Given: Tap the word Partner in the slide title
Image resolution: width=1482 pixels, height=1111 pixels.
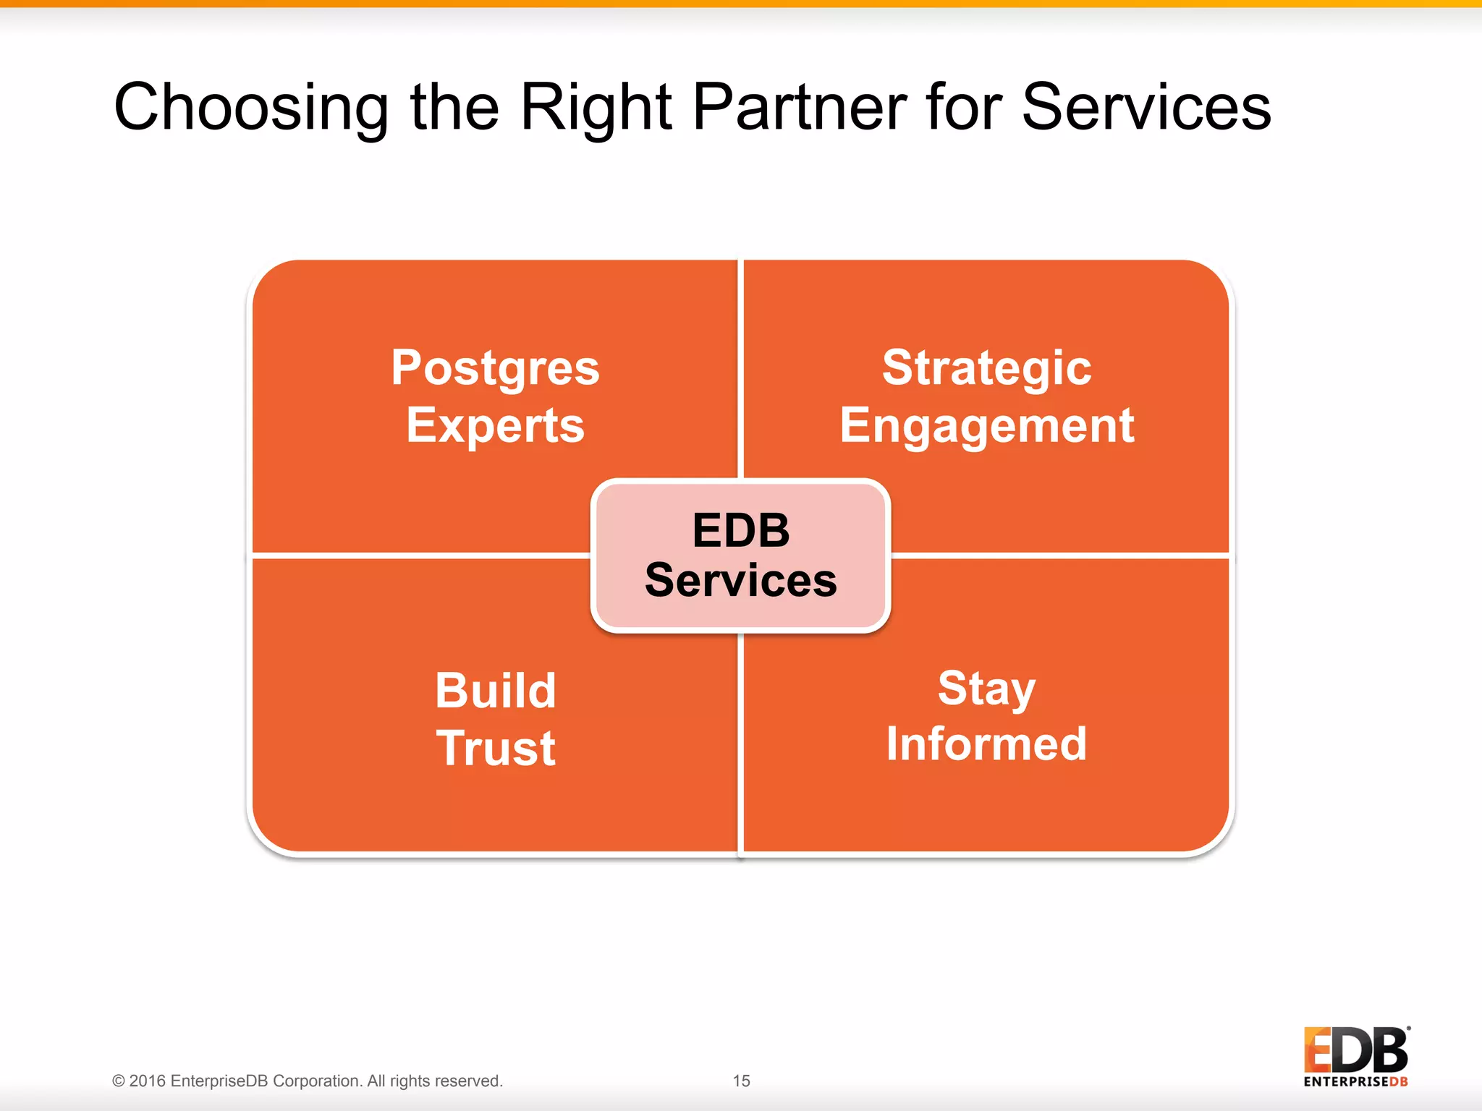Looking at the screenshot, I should pos(799,107).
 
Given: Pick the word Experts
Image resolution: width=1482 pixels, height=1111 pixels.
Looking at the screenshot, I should pos(495,426).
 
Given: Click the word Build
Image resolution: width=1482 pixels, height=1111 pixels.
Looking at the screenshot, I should pos(495,690).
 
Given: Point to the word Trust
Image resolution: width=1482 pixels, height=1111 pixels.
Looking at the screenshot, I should pos(495,748).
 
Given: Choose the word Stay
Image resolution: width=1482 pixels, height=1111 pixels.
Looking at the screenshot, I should pos(986,689).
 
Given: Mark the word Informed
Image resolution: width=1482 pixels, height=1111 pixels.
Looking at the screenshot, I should pos(986,744).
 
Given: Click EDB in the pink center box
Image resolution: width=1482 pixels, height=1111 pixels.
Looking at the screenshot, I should pos(740,530).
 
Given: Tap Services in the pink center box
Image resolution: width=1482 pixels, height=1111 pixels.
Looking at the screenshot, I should pos(740,580).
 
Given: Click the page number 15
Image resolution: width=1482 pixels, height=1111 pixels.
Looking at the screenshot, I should pos(741,1081).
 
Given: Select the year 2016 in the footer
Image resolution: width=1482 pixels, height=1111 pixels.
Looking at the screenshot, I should pos(148,1081).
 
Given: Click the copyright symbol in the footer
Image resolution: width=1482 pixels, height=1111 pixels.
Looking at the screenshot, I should pos(119,1081).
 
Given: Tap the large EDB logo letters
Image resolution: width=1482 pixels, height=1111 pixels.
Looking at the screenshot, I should pos(1355,1050).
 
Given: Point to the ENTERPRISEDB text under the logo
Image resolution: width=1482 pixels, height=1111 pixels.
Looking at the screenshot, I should pos(1355,1082).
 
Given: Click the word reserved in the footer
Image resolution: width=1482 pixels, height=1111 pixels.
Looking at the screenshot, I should pos(470,1081).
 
